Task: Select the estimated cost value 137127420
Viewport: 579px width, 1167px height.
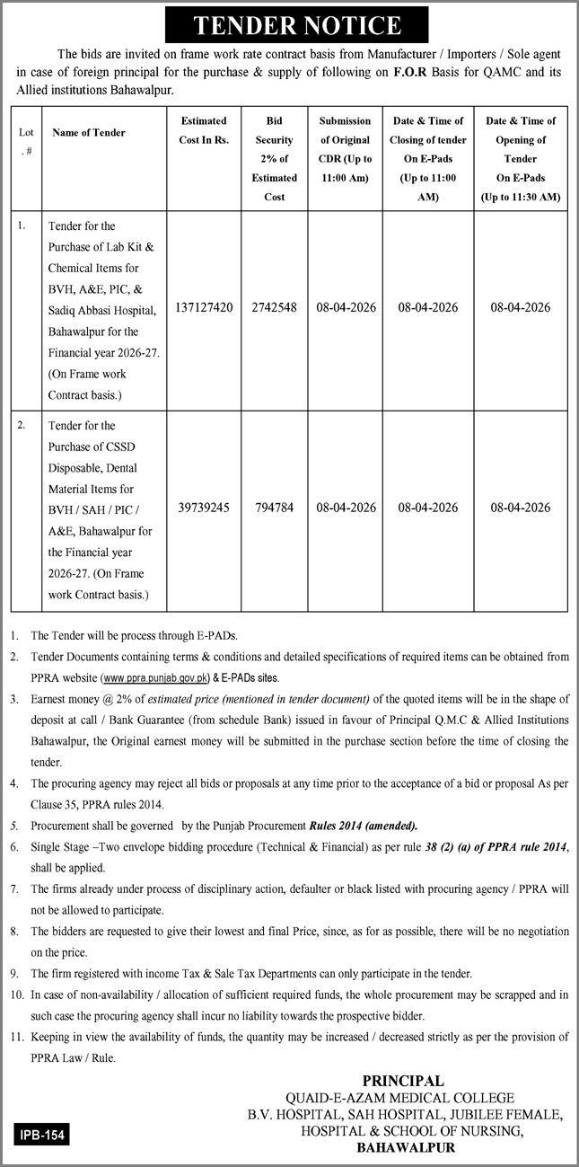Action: (205, 307)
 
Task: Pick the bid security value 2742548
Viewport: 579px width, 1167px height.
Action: (274, 307)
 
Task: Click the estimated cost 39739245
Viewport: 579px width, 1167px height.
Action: (204, 508)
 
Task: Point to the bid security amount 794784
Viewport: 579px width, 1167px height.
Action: (274, 508)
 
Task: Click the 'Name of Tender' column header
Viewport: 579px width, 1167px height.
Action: (89, 133)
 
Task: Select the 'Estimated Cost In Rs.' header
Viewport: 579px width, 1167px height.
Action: (204, 129)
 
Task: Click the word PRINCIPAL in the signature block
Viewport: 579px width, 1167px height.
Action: (402, 1082)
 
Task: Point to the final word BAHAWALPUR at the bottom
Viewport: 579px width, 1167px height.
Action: (406, 1147)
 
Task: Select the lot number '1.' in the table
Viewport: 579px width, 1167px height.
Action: (21, 225)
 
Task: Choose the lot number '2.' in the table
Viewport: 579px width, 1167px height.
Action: (21, 425)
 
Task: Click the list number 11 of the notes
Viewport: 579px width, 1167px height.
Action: (16, 1037)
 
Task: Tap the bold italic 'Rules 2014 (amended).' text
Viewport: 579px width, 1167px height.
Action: (364, 826)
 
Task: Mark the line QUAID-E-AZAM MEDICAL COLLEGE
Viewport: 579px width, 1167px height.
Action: (406, 1098)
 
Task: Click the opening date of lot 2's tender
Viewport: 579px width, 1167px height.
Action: (520, 508)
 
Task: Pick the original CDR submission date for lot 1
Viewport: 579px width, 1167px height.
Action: (346, 307)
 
